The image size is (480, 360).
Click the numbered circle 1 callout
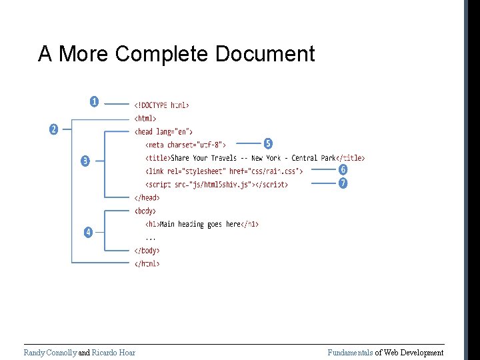pos(94,102)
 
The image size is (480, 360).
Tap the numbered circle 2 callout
pos(53,129)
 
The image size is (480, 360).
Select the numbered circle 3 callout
pos(85,161)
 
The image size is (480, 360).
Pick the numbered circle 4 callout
pos(87,232)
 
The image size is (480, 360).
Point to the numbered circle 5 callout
pos(267,143)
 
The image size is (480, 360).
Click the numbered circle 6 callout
pos(343,170)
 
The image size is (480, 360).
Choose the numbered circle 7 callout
pos(343,183)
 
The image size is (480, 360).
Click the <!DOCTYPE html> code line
pos(161,105)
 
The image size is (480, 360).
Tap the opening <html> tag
pos(145,118)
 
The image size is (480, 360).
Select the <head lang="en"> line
pos(163,131)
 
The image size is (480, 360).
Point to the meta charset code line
pos(186,145)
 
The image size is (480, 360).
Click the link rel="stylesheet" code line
pos(224,171)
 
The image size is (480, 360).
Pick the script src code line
pos(217,184)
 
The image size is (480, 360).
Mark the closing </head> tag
pos(147,197)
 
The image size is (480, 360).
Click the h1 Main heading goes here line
pos(202,224)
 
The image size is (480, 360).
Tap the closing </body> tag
pos(147,251)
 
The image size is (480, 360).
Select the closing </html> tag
pos(147,263)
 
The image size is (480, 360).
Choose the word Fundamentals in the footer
pos(349,353)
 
